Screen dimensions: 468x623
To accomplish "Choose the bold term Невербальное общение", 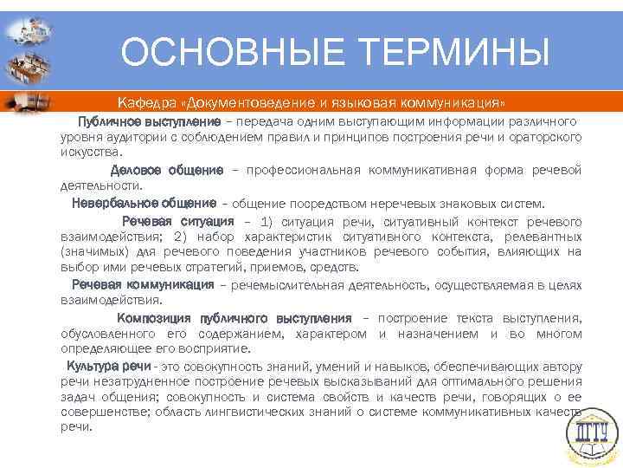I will pyautogui.click(x=144, y=203).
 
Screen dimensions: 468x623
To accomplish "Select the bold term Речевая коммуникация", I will pyautogui.click(x=143, y=284).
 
